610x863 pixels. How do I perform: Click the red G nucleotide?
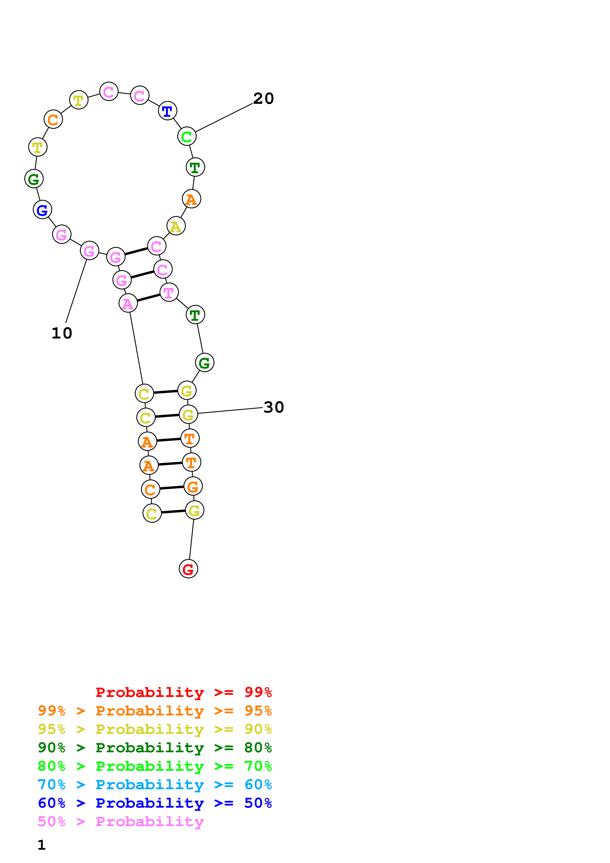point(188,569)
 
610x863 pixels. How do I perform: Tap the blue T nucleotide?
point(167,111)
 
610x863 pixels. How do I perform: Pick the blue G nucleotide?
point(43,210)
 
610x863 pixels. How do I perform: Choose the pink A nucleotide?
point(128,303)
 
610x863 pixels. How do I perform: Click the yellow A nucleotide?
point(176,226)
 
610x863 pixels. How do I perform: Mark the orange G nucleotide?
point(193,486)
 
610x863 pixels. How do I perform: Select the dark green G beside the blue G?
point(34,179)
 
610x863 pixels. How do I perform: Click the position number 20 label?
point(264,98)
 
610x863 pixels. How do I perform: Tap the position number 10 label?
point(62,333)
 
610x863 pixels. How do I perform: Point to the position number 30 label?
point(274,407)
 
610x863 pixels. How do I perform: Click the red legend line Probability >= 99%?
point(183,692)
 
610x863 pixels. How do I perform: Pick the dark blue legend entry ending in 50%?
point(155,803)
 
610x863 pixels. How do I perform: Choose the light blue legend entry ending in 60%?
point(155,785)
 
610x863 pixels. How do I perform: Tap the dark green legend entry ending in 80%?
point(155,748)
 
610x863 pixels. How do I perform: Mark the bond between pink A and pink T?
point(148,298)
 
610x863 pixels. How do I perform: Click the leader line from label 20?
point(224,118)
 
